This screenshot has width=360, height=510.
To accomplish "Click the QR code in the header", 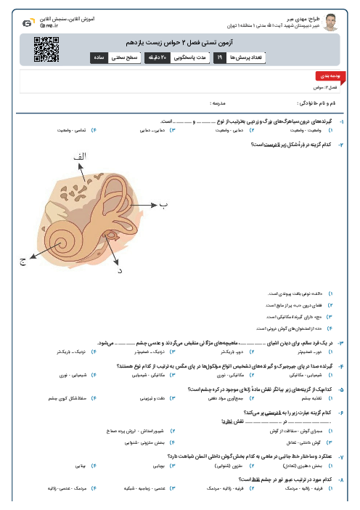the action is pos(46,48).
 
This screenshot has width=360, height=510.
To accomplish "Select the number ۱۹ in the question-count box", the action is pos(220,57).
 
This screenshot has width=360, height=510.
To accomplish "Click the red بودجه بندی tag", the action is pos(324,76).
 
